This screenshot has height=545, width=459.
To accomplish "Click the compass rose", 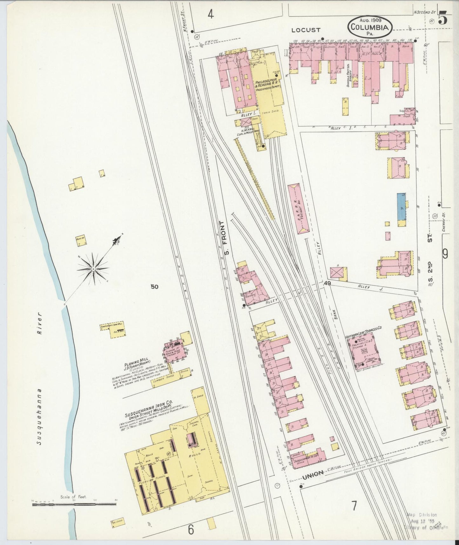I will tap(93, 270).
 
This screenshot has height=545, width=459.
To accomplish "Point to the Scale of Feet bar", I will tap(74, 504).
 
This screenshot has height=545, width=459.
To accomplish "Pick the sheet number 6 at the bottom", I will tap(191, 529).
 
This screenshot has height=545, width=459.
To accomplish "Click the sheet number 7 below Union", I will tap(354, 505).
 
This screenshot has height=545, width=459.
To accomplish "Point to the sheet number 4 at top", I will tap(211, 14).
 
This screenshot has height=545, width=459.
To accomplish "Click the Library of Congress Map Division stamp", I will tap(425, 521).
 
